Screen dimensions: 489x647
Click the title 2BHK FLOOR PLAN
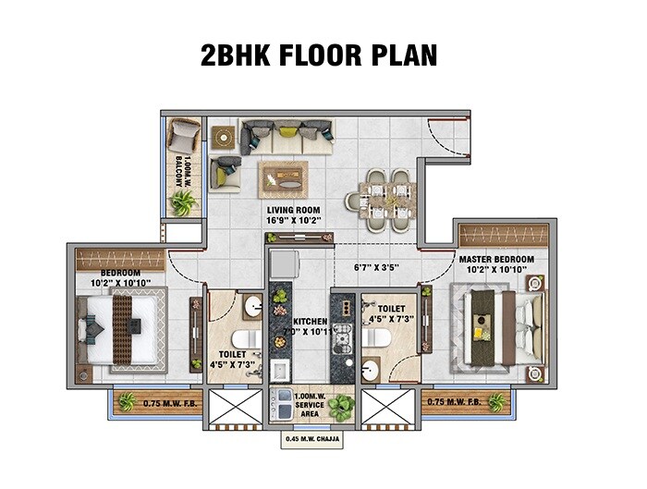click(x=319, y=55)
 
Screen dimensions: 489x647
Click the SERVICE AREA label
click(x=309, y=410)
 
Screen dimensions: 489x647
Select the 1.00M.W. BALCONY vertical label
click(x=181, y=170)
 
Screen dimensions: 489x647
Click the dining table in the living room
click(x=380, y=198)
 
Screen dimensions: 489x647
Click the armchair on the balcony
click(x=184, y=137)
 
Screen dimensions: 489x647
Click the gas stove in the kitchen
click(x=342, y=334)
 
